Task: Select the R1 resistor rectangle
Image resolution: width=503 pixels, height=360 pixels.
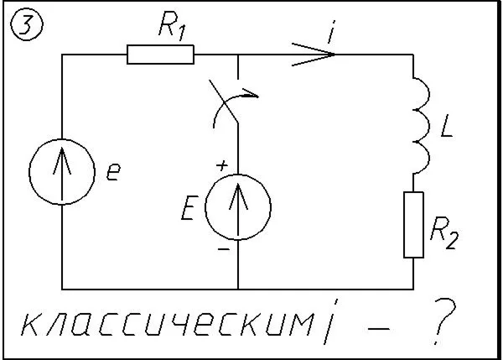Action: [x=160, y=55]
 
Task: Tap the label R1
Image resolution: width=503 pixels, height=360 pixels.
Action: [x=171, y=29]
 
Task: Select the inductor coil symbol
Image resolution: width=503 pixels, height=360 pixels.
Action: [x=418, y=122]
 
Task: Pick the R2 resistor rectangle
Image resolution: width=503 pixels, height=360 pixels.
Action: [x=414, y=224]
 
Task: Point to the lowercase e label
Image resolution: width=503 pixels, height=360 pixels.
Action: [x=114, y=174]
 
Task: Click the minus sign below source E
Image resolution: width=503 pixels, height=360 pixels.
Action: [x=223, y=250]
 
